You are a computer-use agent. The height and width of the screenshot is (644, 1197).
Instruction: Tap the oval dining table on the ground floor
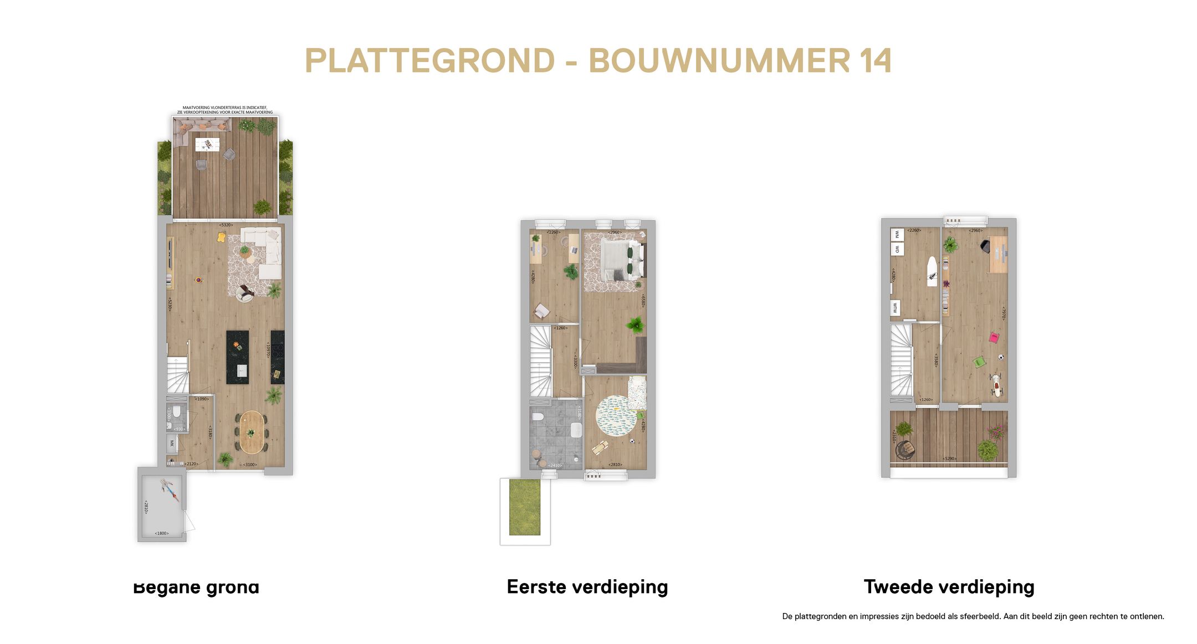pyautogui.click(x=252, y=431)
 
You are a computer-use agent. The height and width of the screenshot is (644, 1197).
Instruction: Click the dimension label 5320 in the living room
pyautogui.click(x=226, y=225)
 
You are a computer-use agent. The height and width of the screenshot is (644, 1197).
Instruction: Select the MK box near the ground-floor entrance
pyautogui.click(x=172, y=444)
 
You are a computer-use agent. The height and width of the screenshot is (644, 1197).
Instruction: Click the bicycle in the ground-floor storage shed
pyautogui.click(x=170, y=491)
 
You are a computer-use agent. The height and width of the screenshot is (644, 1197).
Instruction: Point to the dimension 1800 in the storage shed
pyautogui.click(x=161, y=533)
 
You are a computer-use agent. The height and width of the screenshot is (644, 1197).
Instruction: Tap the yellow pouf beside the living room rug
pyautogui.click(x=221, y=237)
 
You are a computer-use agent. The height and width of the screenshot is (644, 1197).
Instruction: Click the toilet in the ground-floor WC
pyautogui.click(x=176, y=413)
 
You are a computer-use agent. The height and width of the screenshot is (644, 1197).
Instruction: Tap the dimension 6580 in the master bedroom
pyautogui.click(x=643, y=301)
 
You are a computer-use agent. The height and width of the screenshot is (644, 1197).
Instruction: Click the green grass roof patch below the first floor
pyautogui.click(x=524, y=508)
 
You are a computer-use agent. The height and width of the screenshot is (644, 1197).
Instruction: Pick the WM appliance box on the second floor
pyautogui.click(x=897, y=235)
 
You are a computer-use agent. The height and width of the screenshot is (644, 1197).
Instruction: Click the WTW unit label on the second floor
pyautogui.click(x=894, y=308)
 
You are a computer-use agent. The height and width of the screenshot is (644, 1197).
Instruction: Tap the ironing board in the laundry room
pyautogui.click(x=933, y=271)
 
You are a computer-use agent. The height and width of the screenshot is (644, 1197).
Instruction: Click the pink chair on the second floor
pyautogui.click(x=994, y=337)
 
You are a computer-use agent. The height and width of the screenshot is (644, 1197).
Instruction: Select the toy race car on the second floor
pyautogui.click(x=997, y=385)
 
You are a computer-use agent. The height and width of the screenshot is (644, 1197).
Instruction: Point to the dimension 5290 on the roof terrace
pyautogui.click(x=949, y=458)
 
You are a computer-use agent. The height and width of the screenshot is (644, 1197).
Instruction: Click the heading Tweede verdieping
pyautogui.click(x=949, y=586)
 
